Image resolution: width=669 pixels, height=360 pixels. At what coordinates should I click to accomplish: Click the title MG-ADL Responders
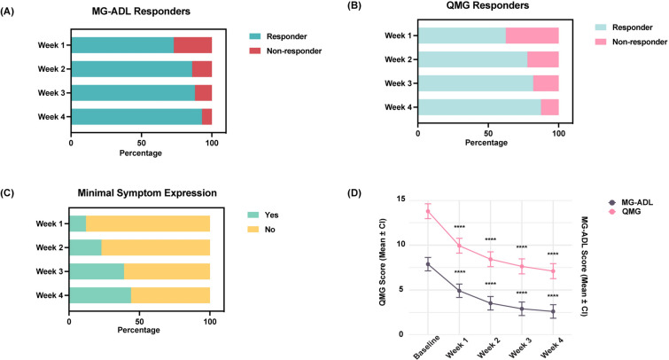click(x=142, y=11)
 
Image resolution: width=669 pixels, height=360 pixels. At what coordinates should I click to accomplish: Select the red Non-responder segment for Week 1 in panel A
click(x=192, y=44)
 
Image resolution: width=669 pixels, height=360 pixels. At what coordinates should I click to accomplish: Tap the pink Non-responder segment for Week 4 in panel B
click(x=549, y=106)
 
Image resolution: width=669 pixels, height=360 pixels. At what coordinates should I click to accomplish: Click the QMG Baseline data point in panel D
click(x=428, y=211)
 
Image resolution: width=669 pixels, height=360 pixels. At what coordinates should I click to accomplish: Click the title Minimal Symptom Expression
click(x=140, y=192)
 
